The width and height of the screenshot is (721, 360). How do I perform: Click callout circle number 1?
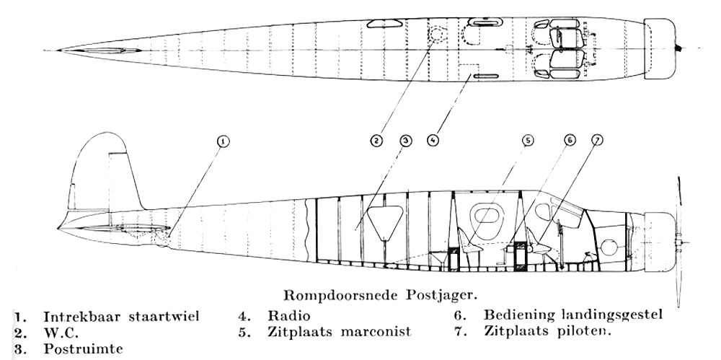(223, 141)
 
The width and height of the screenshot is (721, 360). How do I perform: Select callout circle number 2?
(376, 141)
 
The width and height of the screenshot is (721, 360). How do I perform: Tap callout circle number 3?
(405, 141)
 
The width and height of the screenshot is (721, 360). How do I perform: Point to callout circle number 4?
(433, 141)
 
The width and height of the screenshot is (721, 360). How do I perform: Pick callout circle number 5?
(528, 141)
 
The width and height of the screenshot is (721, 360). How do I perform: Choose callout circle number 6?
(570, 141)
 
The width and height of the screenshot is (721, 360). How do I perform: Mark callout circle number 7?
(596, 141)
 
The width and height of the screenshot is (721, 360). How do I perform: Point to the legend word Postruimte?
(83, 348)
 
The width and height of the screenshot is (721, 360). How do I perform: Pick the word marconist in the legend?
(376, 332)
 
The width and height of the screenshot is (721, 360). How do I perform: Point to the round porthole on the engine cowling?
(609, 248)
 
